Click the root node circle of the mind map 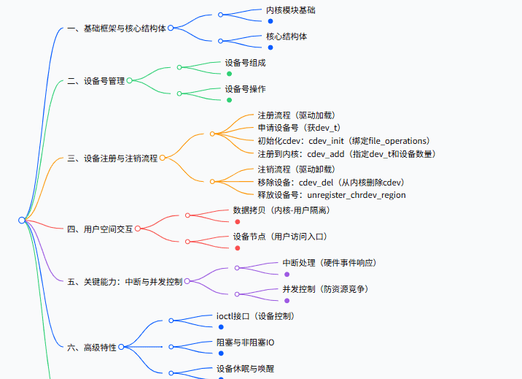(x=22, y=220)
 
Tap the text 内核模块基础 (x=291, y=10)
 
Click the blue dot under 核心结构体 (x=270, y=47)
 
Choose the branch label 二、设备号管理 (x=96, y=81)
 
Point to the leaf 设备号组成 (x=245, y=64)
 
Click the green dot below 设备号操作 (x=229, y=99)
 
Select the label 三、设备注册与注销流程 (x=112, y=158)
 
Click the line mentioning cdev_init (x=343, y=141)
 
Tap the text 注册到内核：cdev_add (x=346, y=154)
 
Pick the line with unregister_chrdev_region (x=331, y=195)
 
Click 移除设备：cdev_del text (x=330, y=182)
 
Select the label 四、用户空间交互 (x=100, y=229)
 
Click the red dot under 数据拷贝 (x=237, y=221)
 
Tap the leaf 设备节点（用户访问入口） (x=279, y=237)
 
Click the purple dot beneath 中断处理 (x=287, y=274)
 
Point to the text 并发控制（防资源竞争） (x=325, y=289)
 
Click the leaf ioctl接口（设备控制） (x=255, y=316)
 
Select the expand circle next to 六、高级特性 (x=122, y=348)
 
